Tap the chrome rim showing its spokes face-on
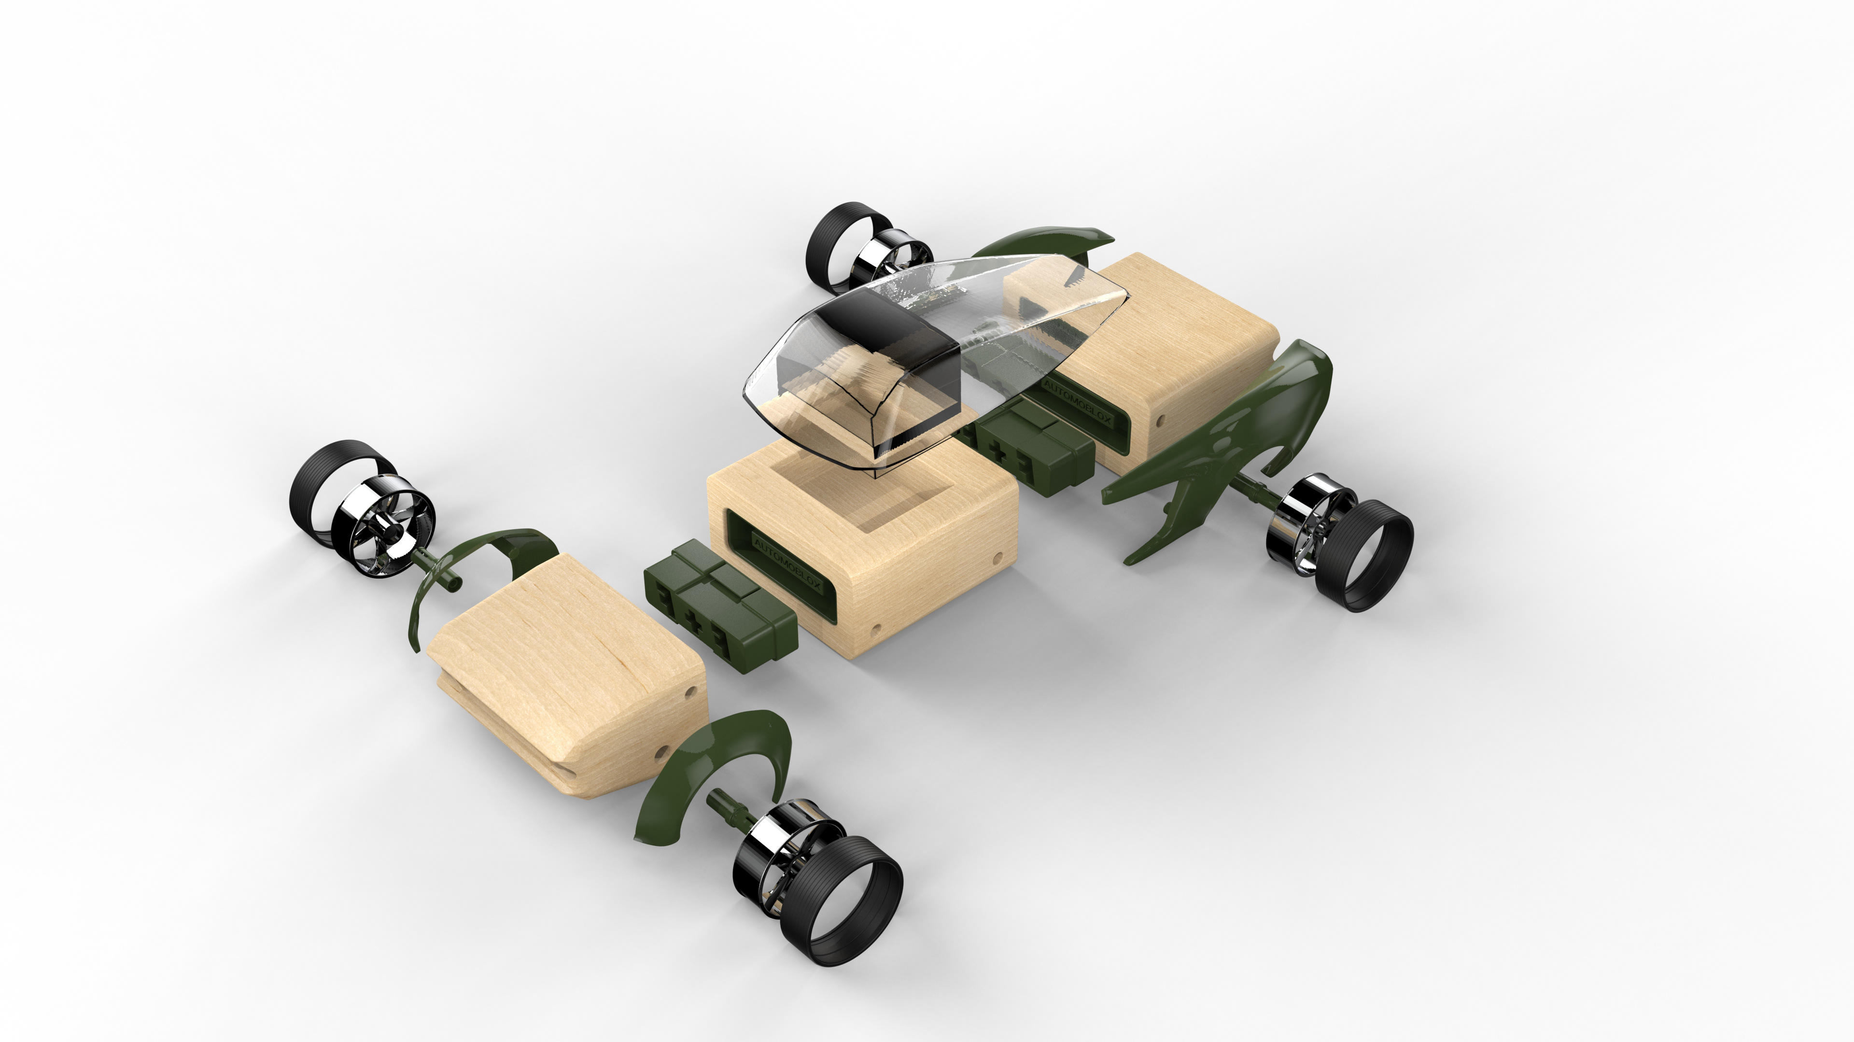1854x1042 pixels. point(384,527)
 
